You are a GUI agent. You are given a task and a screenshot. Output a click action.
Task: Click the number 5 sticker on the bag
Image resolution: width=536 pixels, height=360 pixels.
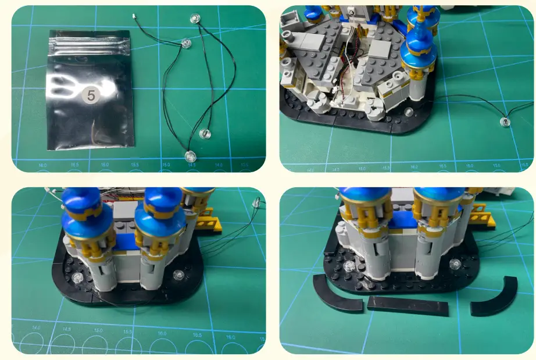[91, 93]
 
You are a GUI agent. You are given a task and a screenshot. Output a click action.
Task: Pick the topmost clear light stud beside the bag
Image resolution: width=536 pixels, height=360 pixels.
[195, 19]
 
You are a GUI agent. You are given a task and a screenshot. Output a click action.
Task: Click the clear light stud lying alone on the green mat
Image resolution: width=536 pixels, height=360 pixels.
[504, 122]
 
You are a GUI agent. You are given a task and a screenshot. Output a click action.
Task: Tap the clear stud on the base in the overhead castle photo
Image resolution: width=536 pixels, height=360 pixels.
[409, 112]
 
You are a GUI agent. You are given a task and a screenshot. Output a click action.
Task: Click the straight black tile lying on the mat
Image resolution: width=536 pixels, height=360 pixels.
[409, 305]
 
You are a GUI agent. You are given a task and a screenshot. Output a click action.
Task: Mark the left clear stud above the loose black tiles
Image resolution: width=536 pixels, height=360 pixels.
[349, 266]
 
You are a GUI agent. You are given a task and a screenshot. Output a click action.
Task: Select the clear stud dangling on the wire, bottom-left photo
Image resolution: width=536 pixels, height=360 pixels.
[256, 203]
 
